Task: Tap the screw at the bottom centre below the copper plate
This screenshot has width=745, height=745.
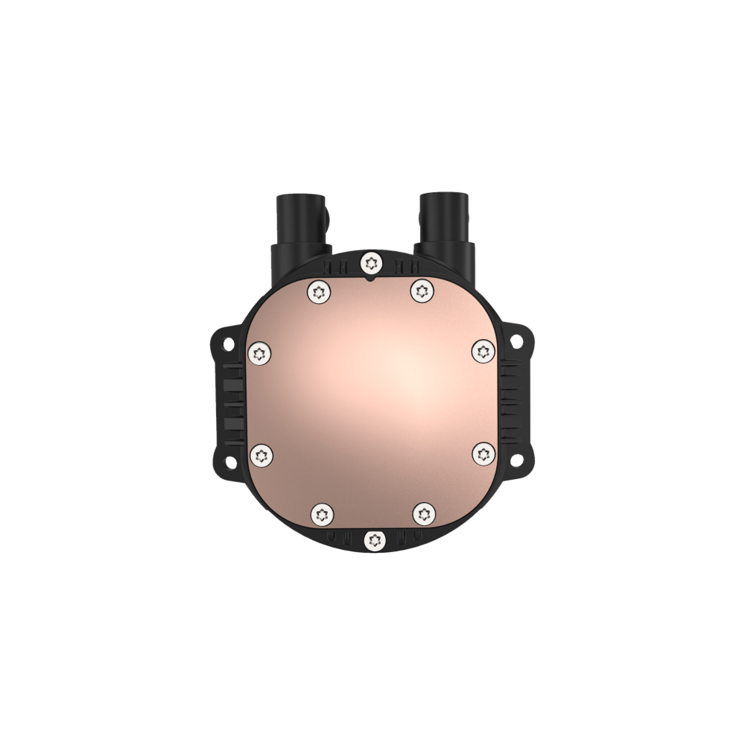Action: click(371, 539)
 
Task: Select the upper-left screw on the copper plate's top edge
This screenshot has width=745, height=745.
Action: click(320, 291)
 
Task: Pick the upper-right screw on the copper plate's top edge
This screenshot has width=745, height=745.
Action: click(422, 291)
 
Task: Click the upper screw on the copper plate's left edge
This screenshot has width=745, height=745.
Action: click(260, 352)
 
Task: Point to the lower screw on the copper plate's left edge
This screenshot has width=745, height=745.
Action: click(261, 454)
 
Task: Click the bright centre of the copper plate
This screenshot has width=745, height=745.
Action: click(395, 365)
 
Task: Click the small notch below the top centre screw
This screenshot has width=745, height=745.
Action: click(371, 279)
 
